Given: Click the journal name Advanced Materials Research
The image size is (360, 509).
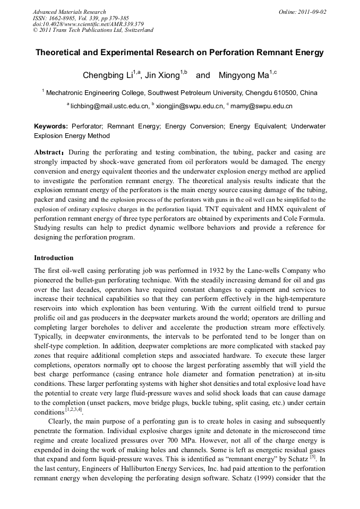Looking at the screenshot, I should [x=69, y=12].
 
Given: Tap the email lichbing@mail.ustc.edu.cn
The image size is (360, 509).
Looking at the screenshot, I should [x=109, y=106].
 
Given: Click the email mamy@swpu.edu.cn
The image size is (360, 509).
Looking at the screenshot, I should [x=261, y=106].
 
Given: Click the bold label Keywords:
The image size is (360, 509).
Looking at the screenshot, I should [x=51, y=126].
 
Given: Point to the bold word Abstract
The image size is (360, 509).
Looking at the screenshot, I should [x=48, y=152].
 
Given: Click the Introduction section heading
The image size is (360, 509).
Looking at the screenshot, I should [x=54, y=258].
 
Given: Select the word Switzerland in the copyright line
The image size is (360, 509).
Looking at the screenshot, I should [x=136, y=30].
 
